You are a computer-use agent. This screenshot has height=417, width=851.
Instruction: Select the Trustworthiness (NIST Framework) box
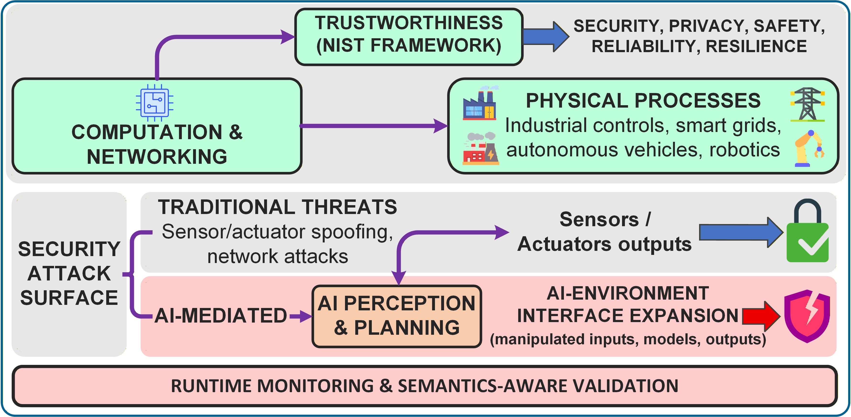[x=409, y=37]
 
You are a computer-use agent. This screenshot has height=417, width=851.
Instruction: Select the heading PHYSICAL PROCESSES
[x=643, y=100]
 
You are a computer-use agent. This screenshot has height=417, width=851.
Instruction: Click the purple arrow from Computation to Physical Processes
[x=373, y=126]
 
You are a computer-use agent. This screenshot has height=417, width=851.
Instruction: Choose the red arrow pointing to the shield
[x=760, y=316]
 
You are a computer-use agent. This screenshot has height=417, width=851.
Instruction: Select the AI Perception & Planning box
[x=396, y=316]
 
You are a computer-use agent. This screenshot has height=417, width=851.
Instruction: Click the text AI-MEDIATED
[x=220, y=315]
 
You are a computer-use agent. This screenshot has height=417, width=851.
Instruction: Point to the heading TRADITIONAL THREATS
[x=277, y=207]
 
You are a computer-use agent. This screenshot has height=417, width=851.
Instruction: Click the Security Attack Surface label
[x=69, y=273]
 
